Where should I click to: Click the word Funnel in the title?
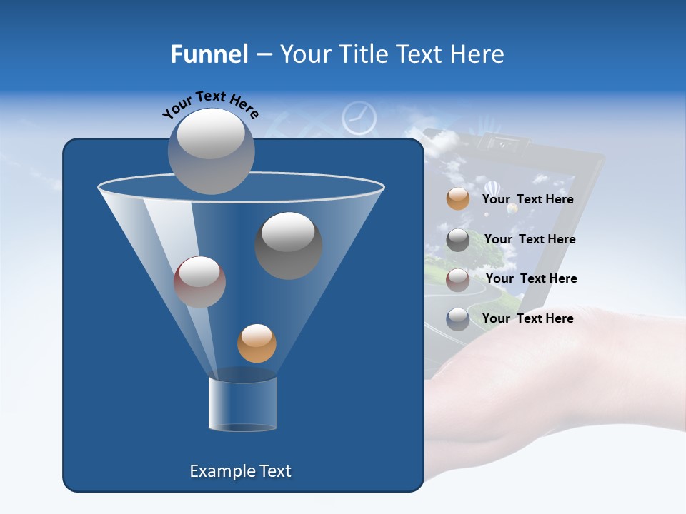[209, 54]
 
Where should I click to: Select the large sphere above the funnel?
[212, 151]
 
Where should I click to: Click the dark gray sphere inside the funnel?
[288, 245]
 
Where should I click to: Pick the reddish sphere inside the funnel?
[199, 281]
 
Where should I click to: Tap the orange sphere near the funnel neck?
[257, 343]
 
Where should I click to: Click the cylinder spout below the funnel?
[243, 404]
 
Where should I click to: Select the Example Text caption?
[240, 471]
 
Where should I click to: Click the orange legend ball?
[458, 199]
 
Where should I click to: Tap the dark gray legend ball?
[458, 240]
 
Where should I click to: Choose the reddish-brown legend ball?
[458, 279]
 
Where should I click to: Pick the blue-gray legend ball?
[458, 319]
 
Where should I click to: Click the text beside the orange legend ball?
[527, 200]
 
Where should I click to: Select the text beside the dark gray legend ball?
[530, 240]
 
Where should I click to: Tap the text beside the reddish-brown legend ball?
[531, 279]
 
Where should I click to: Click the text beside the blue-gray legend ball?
[527, 319]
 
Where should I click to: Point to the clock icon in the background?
[359, 118]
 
